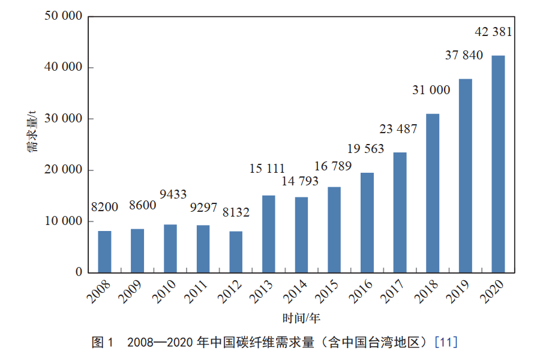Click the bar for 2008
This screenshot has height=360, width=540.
tap(104, 251)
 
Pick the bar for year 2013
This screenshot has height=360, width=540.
tap(268, 234)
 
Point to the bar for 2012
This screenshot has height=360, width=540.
tap(236, 251)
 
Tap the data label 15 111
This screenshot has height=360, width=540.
tap(267, 169)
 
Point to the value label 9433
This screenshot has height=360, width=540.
tap(173, 194)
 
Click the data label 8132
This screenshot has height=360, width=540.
tap(236, 212)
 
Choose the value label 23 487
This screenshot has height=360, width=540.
tap(398, 129)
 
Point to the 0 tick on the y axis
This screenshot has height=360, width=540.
tap(79, 272)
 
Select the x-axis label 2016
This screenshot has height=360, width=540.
tap(361, 292)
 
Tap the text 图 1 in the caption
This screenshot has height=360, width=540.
tap(101, 343)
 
